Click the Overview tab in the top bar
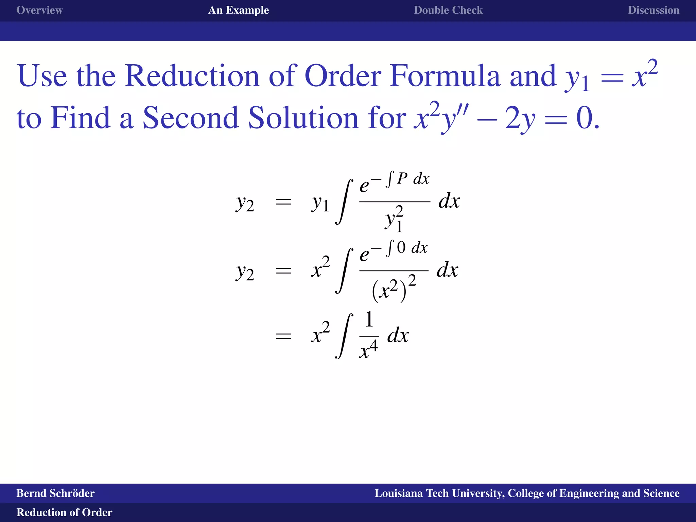coord(39,10)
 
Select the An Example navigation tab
coord(238,10)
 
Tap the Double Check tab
coord(448,10)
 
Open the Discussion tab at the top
coord(653,10)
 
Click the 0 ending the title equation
coord(584,119)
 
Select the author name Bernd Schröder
coord(55,493)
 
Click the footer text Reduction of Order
coord(64,512)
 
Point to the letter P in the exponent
coord(402,179)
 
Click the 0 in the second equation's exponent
coord(401,247)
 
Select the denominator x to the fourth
coord(368,350)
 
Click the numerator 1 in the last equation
coord(369,320)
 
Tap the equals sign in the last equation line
coord(283,336)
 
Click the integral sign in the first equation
coord(344,202)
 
